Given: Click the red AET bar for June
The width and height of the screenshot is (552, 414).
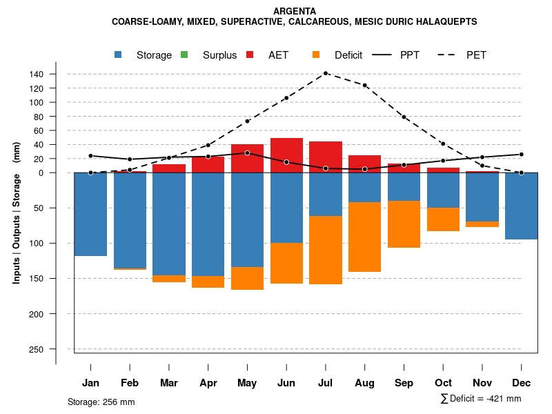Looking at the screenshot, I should pyautogui.click(x=286, y=155).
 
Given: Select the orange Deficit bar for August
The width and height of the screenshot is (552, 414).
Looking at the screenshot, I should pyautogui.click(x=364, y=237).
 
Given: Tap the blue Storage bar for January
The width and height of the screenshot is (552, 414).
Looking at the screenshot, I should pyautogui.click(x=90, y=214).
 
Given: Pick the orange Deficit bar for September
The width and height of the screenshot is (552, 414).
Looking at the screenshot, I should pyautogui.click(x=404, y=224).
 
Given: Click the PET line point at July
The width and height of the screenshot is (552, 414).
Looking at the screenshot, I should pyautogui.click(x=326, y=73).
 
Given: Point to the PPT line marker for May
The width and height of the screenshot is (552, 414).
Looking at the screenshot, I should pyautogui.click(x=247, y=153).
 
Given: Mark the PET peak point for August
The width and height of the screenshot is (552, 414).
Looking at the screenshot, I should pyautogui.click(x=364, y=86).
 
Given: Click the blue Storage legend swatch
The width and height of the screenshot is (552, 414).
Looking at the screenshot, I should pyautogui.click(x=119, y=55).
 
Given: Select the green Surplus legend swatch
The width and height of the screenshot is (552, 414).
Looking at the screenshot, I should pyautogui.click(x=184, y=55).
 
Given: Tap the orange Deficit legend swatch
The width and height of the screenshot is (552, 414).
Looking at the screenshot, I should pyautogui.click(x=316, y=55).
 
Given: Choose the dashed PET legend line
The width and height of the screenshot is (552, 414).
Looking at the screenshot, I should pyautogui.click(x=445, y=55).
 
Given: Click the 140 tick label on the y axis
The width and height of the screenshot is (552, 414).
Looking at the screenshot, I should pyautogui.click(x=56, y=74).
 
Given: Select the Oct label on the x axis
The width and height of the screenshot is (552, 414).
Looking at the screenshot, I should pyautogui.click(x=443, y=383).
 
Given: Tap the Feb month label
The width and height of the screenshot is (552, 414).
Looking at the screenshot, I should pyautogui.click(x=130, y=383).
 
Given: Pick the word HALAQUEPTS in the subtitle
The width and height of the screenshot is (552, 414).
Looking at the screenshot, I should pyautogui.click(x=446, y=22).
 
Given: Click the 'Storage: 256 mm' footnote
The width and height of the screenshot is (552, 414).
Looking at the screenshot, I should pyautogui.click(x=101, y=402).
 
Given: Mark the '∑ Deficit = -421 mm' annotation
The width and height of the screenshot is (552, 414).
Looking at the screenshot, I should pyautogui.click(x=481, y=399).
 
